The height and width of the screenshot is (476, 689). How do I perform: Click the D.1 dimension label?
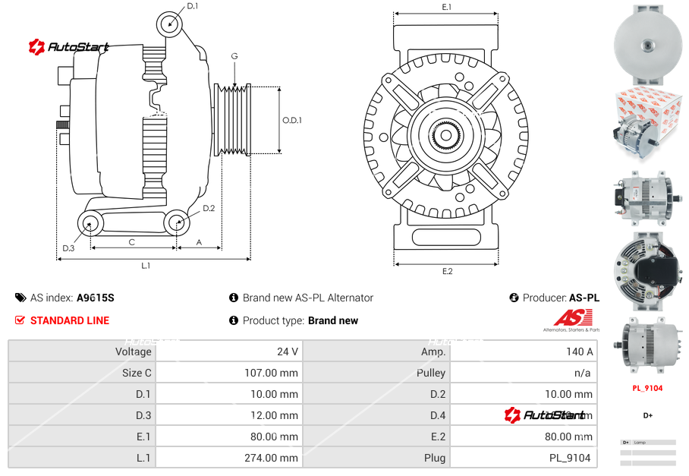pos(192,6)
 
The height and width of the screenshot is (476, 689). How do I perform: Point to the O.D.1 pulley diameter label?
pos(292,120)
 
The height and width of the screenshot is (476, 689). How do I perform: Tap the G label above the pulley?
pos(234,57)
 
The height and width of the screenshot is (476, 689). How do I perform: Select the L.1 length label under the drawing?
pos(146,266)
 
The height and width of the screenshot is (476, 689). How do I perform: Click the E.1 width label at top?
pos(447,7)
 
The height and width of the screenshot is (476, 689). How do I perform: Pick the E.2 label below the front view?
pos(447,271)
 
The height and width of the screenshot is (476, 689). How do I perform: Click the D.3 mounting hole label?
pos(68,248)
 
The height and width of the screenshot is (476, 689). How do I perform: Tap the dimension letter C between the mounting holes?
pos(131,243)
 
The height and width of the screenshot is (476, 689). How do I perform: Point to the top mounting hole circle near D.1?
pos(170,24)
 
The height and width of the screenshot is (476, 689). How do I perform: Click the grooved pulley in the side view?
pos(234,120)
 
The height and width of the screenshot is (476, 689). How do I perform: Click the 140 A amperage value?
pos(580,351)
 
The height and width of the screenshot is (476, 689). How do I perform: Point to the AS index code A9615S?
pos(96,298)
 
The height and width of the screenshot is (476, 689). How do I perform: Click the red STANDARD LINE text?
pos(69,320)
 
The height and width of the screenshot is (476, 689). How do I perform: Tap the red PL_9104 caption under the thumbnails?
pos(647,388)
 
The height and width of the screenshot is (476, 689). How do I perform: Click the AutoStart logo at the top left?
pos(69,47)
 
